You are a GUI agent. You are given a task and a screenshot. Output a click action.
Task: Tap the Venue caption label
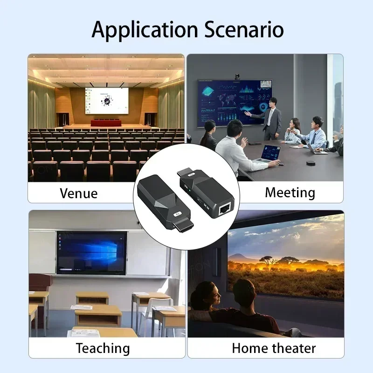[x=79, y=193]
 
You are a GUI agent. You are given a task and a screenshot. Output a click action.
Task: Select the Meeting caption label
[x=290, y=192]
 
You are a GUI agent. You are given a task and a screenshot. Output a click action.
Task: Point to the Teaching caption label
[x=103, y=348]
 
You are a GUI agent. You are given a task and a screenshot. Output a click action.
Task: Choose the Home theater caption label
[x=274, y=348]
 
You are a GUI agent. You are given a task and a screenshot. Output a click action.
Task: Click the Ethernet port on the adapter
[x=224, y=211]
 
